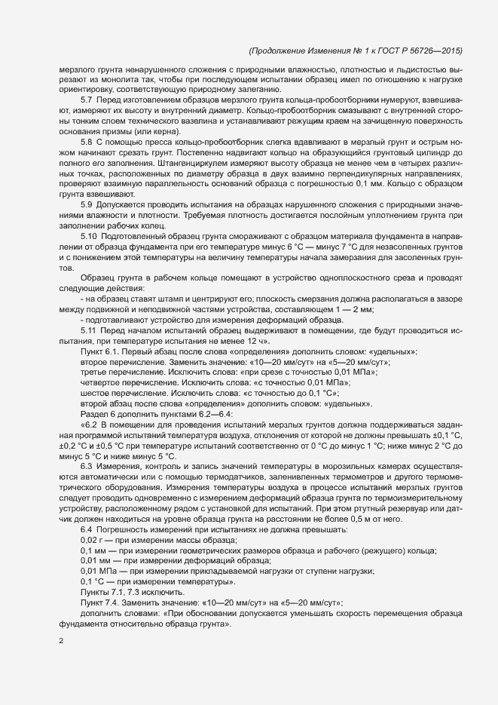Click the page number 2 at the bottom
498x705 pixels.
(61, 642)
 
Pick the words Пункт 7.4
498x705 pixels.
(99, 604)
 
